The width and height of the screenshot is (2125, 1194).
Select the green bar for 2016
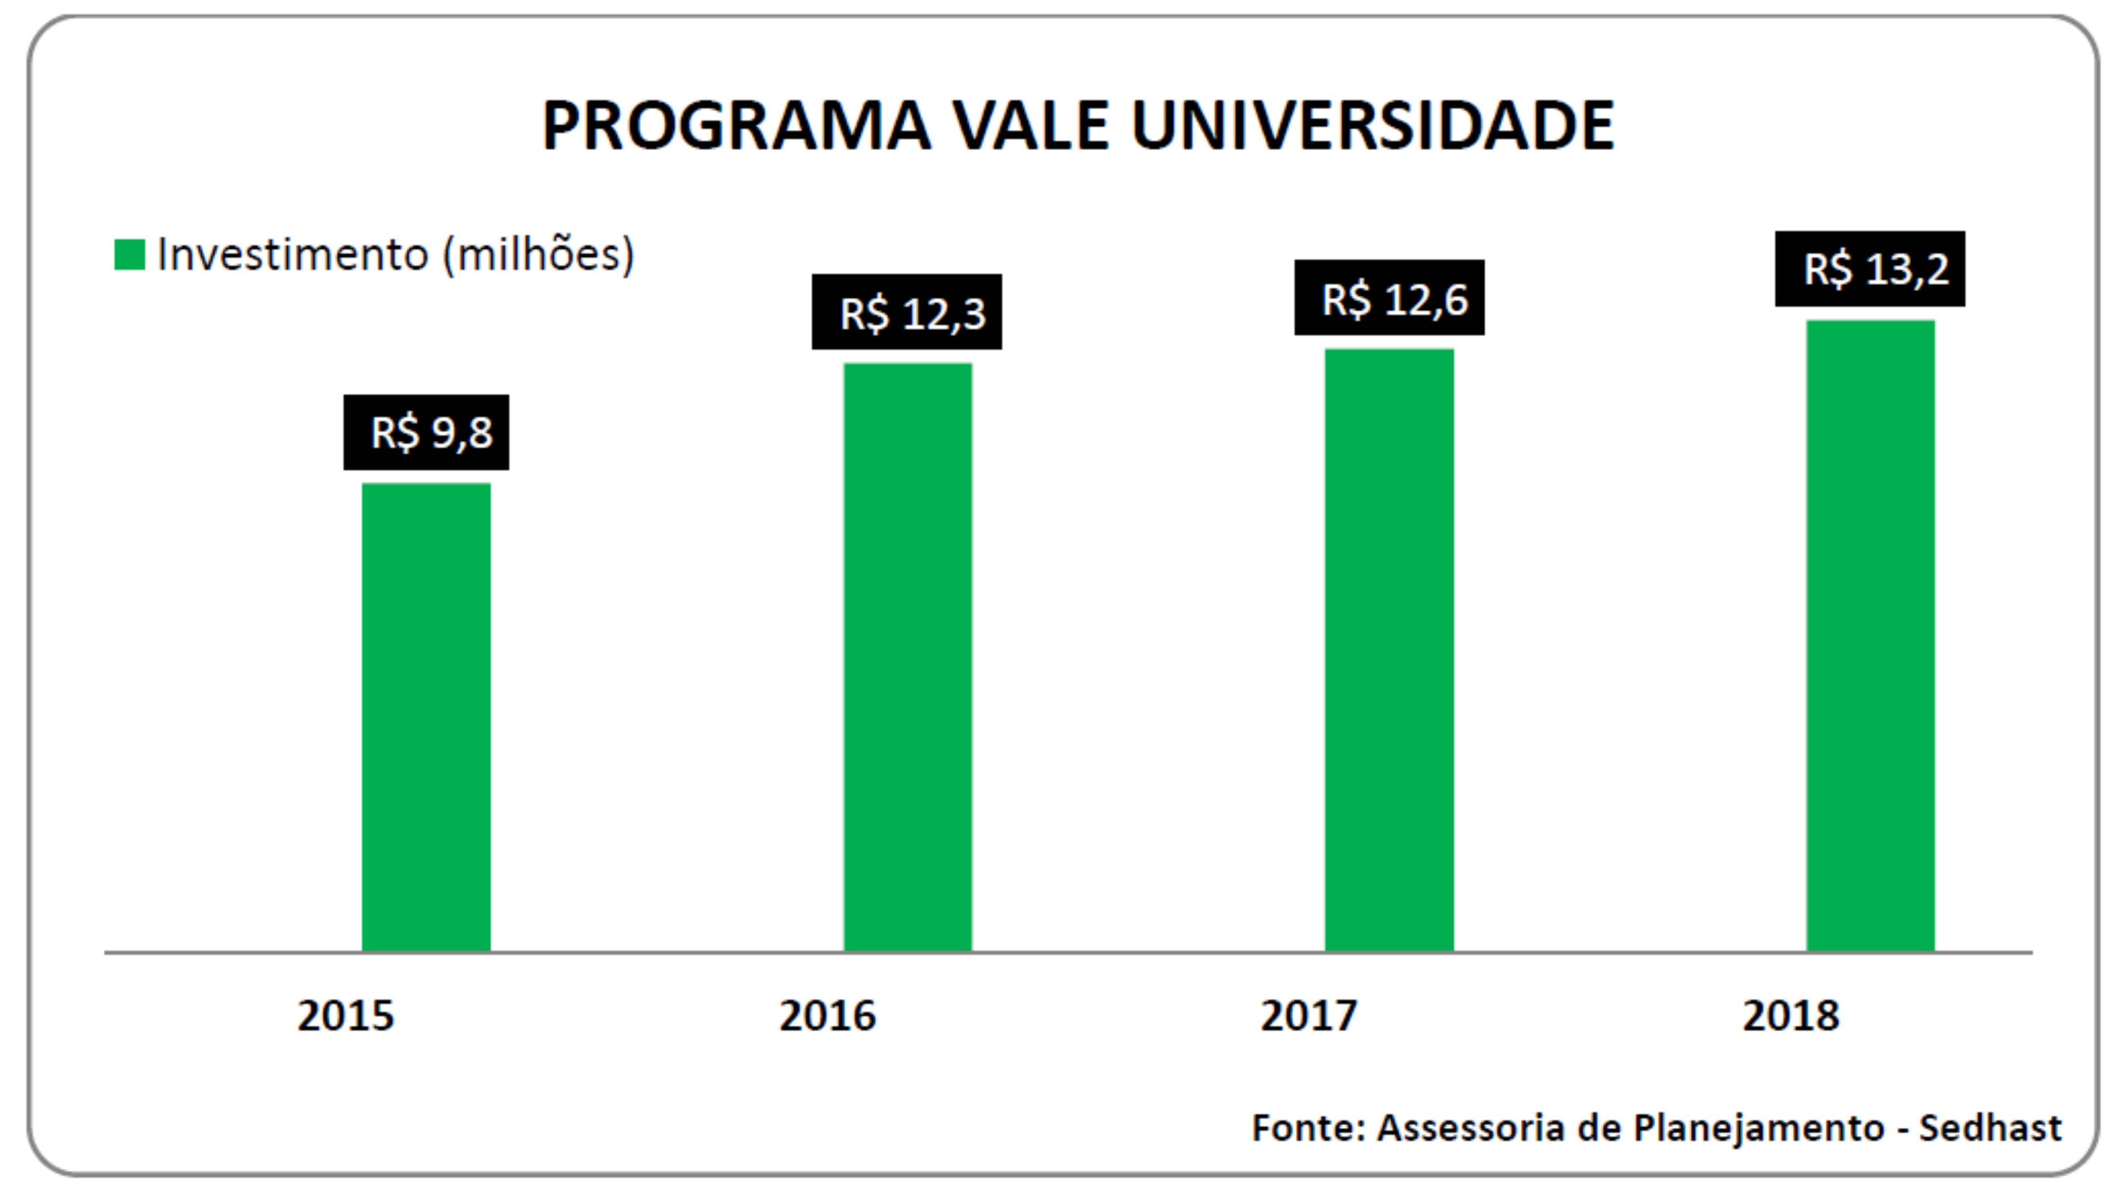[907, 657]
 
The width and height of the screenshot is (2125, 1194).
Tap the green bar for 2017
[1389, 650]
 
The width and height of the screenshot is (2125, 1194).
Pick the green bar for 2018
[1870, 636]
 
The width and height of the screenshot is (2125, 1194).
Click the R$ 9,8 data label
[426, 432]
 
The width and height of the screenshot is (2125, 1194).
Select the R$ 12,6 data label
[1389, 298]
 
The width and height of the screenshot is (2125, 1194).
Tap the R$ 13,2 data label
[1870, 269]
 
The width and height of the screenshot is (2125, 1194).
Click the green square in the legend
[130, 255]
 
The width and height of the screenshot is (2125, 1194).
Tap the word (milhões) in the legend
[539, 255]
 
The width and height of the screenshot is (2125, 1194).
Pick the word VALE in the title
[1031, 126]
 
